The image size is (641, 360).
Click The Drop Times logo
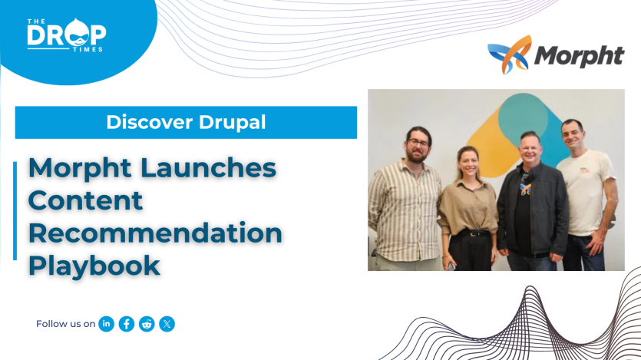pos(66,35)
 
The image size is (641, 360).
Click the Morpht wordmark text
pos(578,56)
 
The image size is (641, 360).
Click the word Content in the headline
pos(85,200)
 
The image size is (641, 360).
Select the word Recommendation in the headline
pos(155,233)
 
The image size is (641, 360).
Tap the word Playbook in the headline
pos(94,266)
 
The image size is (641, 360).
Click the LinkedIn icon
pos(107,324)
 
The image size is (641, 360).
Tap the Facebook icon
pos(127,324)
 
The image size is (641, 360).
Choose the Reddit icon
pos(147,324)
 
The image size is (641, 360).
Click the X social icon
pos(167,324)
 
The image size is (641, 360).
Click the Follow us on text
pos(65,324)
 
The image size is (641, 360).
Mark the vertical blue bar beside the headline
pos(15,210)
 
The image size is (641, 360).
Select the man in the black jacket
pos(530,207)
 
